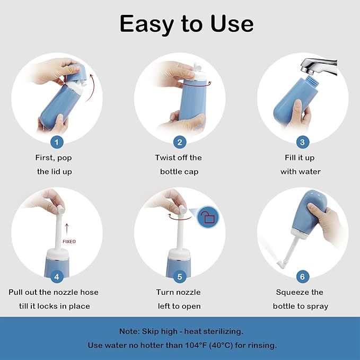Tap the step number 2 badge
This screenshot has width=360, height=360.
click(x=180, y=142)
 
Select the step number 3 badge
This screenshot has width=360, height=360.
click(x=302, y=142)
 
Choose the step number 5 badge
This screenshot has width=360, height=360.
click(x=180, y=276)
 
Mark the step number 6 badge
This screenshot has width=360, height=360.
click(x=302, y=276)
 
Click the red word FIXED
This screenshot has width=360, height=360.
click(x=69, y=241)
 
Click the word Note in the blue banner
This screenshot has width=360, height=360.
click(x=129, y=331)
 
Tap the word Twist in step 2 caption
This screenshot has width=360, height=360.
click(x=165, y=157)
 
